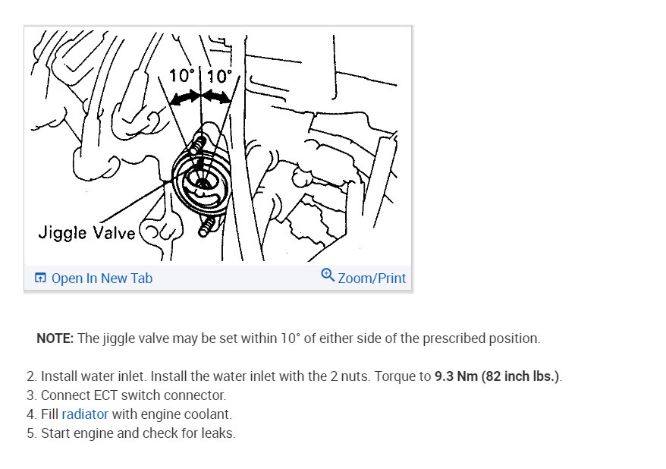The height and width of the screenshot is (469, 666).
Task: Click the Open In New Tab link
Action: pyautogui.click(x=102, y=279)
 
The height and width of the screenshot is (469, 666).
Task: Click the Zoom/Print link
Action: pyautogui.click(x=372, y=279)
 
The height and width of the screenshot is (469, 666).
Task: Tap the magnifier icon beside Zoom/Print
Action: pyautogui.click(x=328, y=275)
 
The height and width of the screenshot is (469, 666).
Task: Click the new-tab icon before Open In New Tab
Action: pyautogui.click(x=41, y=279)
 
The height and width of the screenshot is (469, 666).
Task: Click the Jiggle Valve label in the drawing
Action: pyautogui.click(x=86, y=232)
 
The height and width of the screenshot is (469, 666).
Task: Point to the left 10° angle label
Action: pyautogui.click(x=183, y=76)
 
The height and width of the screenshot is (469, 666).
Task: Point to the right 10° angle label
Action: pyautogui.click(x=220, y=76)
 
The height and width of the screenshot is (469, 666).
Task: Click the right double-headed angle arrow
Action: pyautogui.click(x=217, y=97)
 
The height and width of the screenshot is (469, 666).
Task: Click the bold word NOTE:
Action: pyautogui.click(x=55, y=338)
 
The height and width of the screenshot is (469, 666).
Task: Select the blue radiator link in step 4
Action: pyautogui.click(x=85, y=414)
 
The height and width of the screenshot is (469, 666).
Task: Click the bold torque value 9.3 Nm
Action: pyautogui.click(x=456, y=376)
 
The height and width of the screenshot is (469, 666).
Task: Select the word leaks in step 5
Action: pyautogui.click(x=217, y=434)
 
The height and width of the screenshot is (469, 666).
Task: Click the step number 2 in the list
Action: pyautogui.click(x=30, y=376)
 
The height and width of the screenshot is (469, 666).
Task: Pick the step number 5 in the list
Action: pyautogui.click(x=30, y=434)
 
